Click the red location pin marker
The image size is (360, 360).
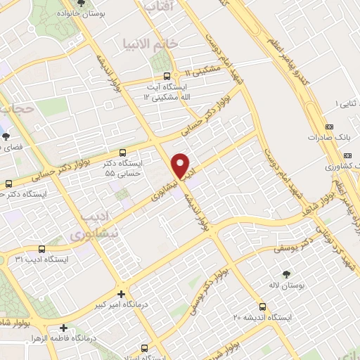click(181, 166)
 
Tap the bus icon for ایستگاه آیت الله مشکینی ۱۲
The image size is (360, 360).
click(166, 77)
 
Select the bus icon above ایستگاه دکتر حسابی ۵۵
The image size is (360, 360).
click(123, 152)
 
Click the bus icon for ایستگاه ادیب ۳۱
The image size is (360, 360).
click(42, 249)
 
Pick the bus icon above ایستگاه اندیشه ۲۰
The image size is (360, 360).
click(262, 307)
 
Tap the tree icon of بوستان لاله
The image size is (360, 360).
click(285, 274)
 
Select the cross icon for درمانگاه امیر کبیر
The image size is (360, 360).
click(121, 294)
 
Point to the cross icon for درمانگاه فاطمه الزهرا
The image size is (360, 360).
click(64, 328)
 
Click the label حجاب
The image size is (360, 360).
click(17, 109)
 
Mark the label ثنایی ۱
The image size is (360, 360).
click(340, 104)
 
